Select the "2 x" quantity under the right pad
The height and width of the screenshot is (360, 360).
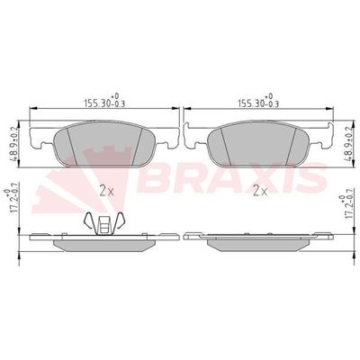coord(261,190)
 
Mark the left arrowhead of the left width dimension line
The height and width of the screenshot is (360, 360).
coord(34,111)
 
